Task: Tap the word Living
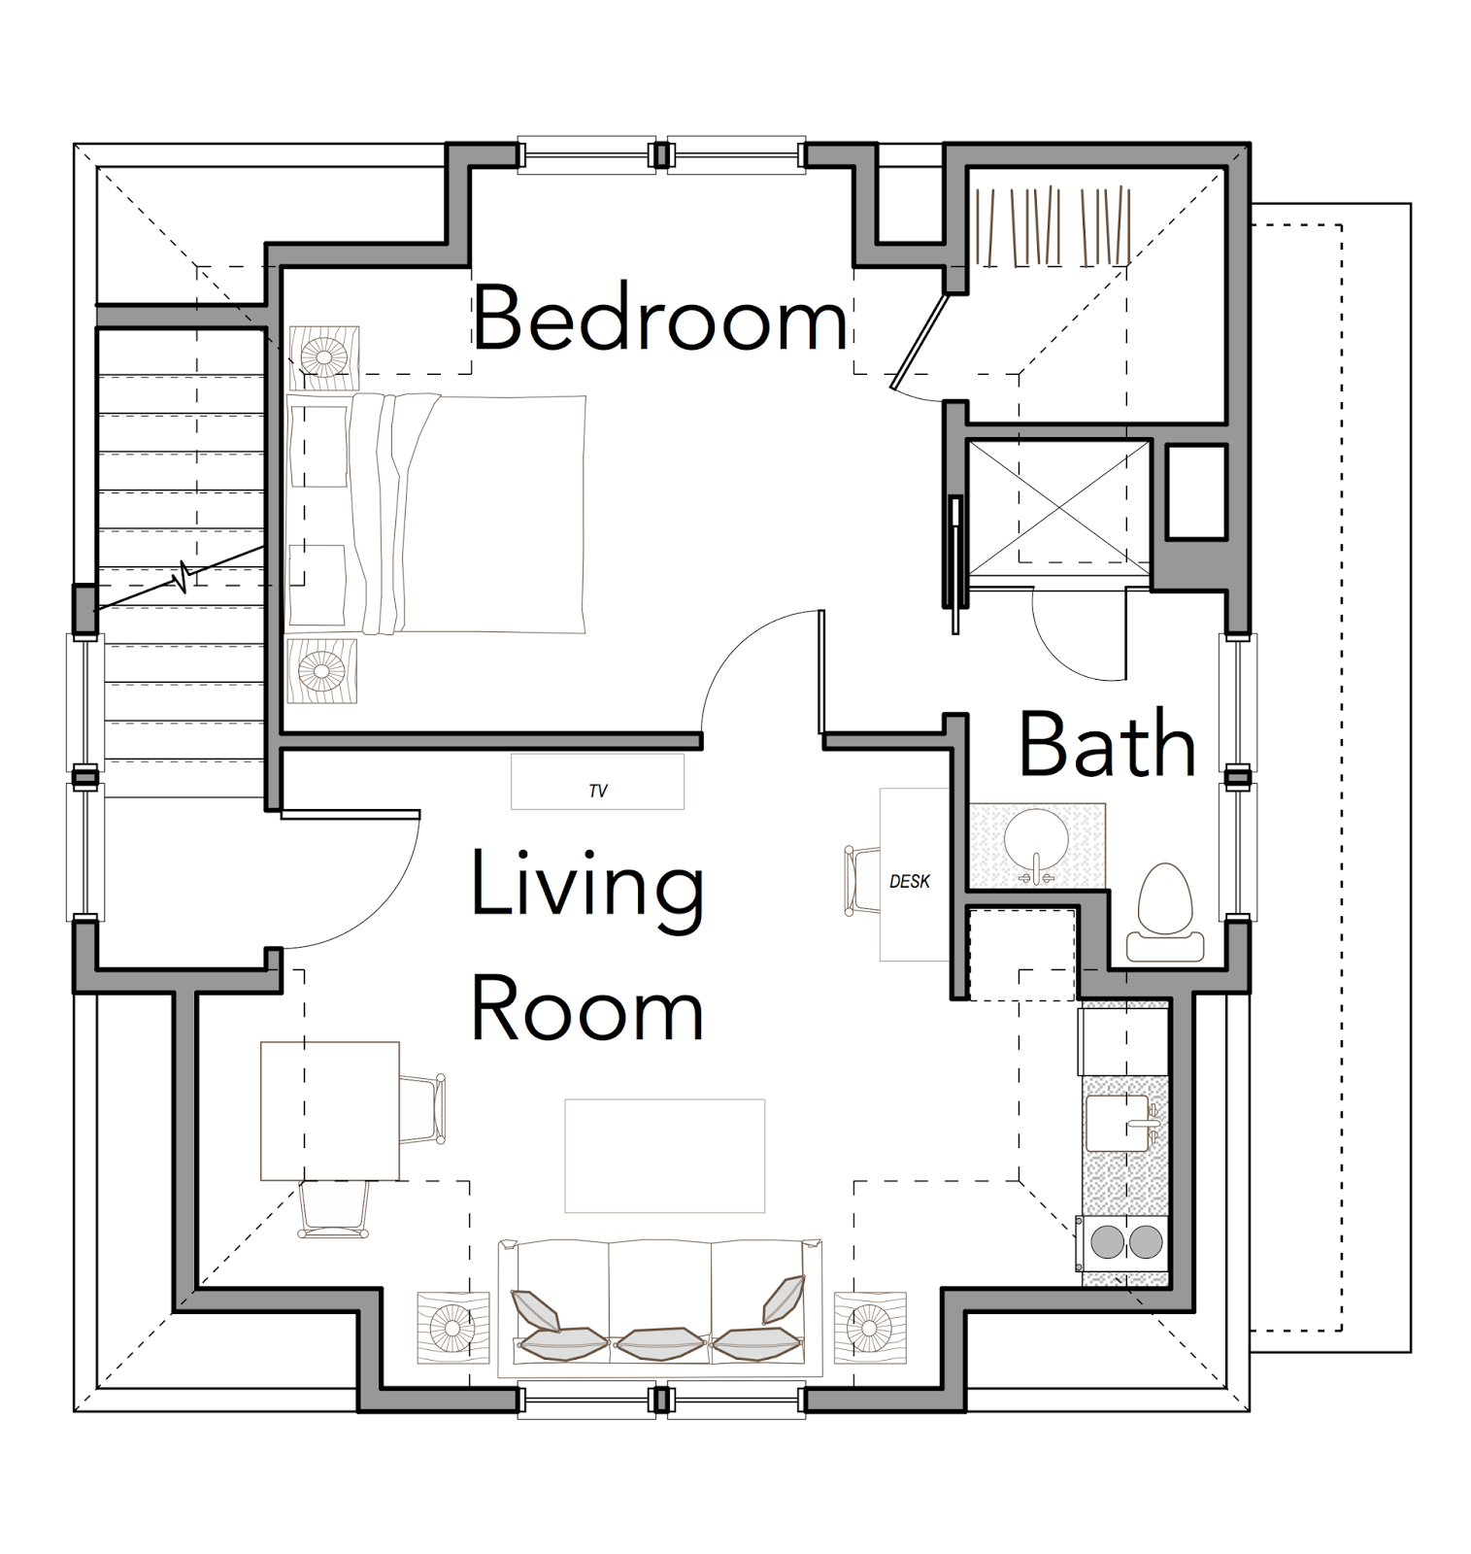587,886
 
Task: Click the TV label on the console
598,792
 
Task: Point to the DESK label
910,882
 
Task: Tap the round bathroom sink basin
1036,841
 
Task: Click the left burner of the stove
1107,1242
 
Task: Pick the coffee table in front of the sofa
665,1156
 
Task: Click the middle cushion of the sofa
660,1344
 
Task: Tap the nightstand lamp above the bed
323,357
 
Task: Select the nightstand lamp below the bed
321,670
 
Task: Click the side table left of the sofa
452,1328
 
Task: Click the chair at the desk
862,881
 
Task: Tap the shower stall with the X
1058,508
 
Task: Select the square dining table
330,1111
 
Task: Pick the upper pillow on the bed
318,446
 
